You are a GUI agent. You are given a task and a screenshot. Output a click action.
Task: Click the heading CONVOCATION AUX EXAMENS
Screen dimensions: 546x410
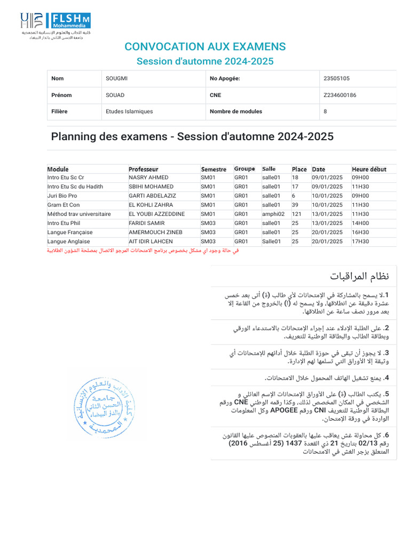coord(205,46)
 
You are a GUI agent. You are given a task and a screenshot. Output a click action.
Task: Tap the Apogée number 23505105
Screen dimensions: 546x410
coord(336,78)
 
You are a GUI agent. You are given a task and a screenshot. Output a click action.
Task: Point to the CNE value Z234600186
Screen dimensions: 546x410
coord(340,95)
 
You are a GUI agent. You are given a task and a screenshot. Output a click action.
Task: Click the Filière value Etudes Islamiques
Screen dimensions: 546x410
coord(129,111)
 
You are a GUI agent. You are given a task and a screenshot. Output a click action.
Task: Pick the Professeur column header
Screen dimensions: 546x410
coord(147,169)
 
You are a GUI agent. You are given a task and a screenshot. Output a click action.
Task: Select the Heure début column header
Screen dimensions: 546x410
coord(369,169)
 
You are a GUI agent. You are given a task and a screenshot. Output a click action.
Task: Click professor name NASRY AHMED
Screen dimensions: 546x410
coord(148,178)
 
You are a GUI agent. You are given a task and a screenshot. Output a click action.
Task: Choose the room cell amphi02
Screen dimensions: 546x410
coord(273,214)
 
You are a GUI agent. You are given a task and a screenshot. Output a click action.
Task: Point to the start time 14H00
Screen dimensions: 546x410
coord(360,223)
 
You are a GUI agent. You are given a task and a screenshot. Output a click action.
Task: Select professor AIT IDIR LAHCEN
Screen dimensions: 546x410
coord(151,242)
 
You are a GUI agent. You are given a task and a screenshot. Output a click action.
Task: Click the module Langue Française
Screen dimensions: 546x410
coord(70,232)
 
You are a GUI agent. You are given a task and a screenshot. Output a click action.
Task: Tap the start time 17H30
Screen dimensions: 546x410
coord(360,242)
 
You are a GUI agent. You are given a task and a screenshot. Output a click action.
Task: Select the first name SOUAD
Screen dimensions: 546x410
coord(115,95)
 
